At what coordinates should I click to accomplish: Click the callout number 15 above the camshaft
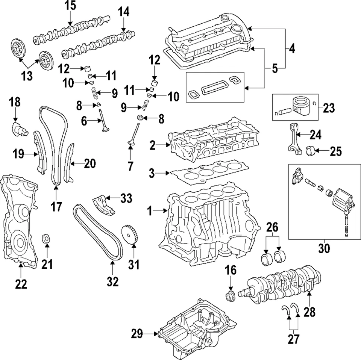(70, 6)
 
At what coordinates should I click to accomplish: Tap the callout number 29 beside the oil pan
(137, 333)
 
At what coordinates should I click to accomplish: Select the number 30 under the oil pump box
(324, 248)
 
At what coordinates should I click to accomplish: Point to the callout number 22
(21, 284)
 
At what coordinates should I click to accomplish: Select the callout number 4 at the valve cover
(292, 48)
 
